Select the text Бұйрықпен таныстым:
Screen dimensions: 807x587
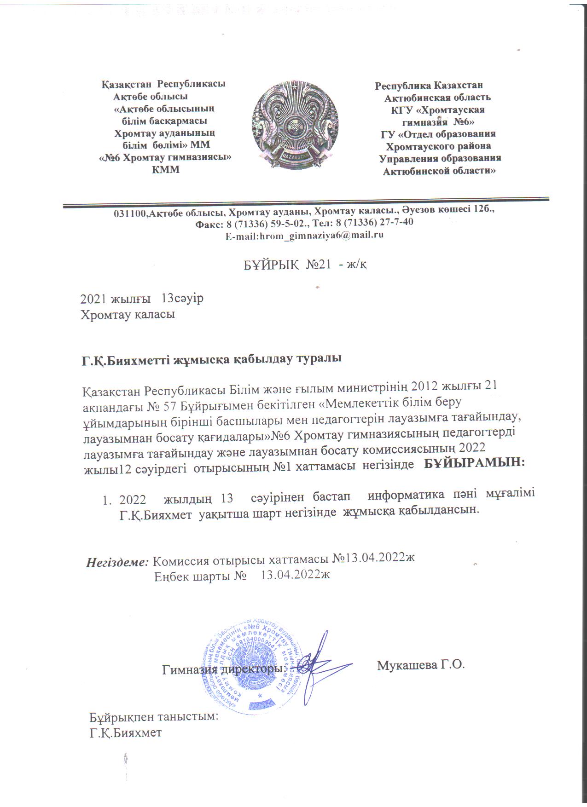(x=153, y=717)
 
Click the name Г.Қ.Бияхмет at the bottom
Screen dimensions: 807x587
(x=126, y=732)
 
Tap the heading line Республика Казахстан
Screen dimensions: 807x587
(x=429, y=86)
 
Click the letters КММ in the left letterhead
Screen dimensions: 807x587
(x=166, y=169)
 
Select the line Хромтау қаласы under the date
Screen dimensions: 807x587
(x=128, y=316)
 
